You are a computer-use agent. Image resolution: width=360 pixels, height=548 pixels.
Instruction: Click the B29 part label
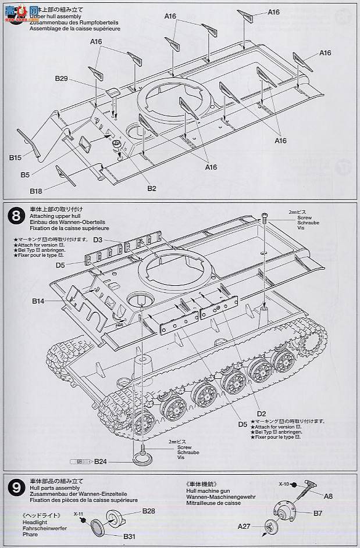tap(62, 78)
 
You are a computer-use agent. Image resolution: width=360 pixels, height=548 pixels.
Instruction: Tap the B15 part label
tap(15, 157)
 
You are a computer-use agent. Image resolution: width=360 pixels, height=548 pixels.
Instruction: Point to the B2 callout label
tap(151, 188)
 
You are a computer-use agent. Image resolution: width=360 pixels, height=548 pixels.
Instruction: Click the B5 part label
tap(24, 174)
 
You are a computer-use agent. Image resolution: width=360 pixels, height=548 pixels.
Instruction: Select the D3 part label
tap(98, 240)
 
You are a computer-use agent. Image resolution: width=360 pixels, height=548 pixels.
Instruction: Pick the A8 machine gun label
tap(328, 496)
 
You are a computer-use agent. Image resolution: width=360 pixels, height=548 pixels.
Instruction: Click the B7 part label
tap(318, 513)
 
